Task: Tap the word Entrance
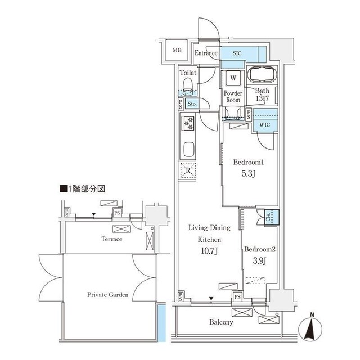point(206,53)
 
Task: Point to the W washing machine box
point(232,78)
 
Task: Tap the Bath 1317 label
point(263,94)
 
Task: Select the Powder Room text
point(232,96)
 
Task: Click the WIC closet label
point(264,124)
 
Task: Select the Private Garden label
point(107,294)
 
